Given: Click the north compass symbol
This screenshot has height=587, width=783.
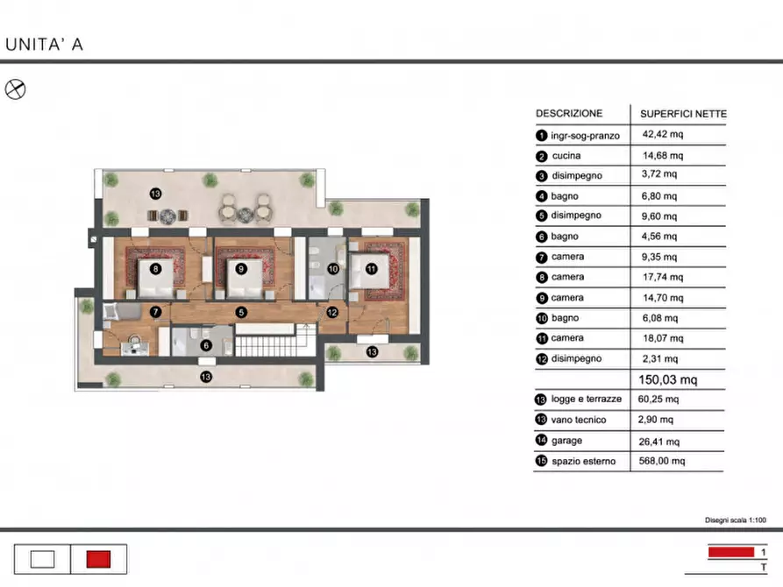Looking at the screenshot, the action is pos(15,89).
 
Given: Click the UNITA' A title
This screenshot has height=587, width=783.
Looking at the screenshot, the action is pos(44,45).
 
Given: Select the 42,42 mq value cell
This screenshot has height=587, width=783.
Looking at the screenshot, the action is pos(663,134).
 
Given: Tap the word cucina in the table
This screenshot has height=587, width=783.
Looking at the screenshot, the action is pos(566,156).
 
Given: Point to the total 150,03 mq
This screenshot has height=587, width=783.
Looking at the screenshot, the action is pos(667,380).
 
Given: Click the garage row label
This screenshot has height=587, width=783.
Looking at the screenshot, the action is pos(566,441).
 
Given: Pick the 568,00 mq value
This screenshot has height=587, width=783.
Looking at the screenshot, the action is pos(662,461).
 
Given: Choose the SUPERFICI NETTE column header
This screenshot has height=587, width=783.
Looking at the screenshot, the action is pos(683,114).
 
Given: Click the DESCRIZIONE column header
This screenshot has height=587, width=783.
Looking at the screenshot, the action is pos(569,113).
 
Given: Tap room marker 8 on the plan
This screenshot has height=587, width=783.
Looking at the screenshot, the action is pos(156,269).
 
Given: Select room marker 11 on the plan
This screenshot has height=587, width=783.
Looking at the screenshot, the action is pos(372,269).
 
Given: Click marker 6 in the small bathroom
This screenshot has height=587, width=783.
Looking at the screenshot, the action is pos(206,345).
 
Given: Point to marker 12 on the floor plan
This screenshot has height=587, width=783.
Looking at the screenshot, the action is pos(332,313).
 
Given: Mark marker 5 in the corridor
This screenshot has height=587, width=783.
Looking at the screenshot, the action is pos(241,313).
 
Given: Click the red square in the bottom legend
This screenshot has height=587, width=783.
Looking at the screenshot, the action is pos(98,560).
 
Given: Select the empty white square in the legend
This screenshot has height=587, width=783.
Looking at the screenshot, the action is pos(42,560).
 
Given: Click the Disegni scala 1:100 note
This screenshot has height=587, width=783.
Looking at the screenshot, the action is pos(735,520).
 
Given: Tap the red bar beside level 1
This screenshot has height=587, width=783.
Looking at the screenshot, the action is pos(731,552).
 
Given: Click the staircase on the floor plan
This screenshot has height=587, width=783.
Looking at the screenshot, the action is pos(275,341).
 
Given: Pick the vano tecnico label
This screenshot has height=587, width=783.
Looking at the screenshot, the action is pos(578,421).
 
